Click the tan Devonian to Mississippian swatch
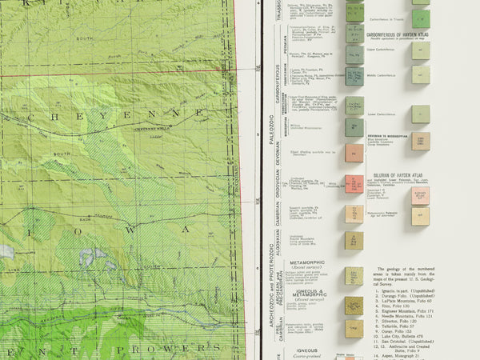point(421,142)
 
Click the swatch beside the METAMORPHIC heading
point(354,275)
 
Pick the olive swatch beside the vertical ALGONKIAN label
point(354,240)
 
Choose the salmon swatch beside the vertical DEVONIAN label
point(354,153)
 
